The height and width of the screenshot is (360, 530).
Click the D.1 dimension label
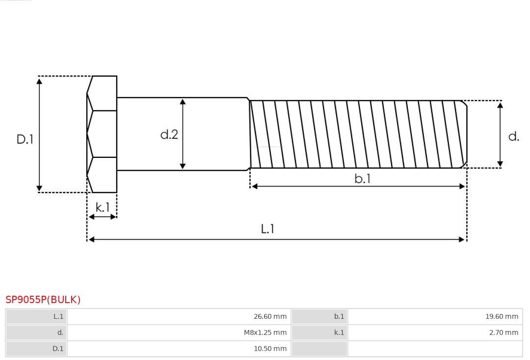pos(25,139)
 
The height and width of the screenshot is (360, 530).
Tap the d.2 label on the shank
pos(169,134)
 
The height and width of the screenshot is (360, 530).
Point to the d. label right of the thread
pos(513,136)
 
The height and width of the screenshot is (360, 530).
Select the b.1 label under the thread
pos(363,179)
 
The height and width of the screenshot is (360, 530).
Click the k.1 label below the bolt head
pos(103,207)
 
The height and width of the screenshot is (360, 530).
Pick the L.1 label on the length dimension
pos(267,229)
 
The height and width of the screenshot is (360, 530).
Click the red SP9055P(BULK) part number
pos(43,300)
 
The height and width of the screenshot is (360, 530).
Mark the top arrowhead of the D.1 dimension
pos(39,80)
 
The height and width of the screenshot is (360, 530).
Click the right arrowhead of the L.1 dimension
pos(462,239)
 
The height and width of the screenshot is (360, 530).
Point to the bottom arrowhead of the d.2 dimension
pos(183,166)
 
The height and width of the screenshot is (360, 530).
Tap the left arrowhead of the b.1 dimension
pos(254,186)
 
